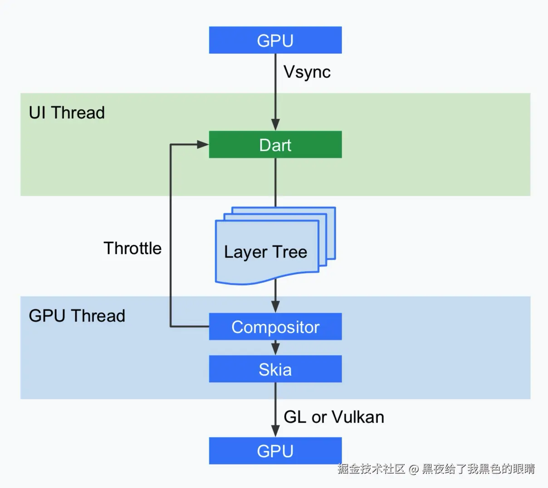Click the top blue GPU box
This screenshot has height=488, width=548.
pyautogui.click(x=275, y=40)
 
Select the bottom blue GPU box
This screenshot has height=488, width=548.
pyautogui.click(x=275, y=451)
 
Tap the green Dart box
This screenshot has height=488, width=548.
pyautogui.click(x=275, y=145)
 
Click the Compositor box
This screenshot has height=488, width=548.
pyautogui.click(x=275, y=327)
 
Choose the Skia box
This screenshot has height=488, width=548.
pyautogui.click(x=275, y=369)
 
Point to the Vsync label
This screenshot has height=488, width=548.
pyautogui.click(x=307, y=72)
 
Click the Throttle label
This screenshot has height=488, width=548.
pyautogui.click(x=132, y=248)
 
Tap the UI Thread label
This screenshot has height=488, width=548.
pyautogui.click(x=67, y=112)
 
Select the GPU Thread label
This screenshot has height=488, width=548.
pyautogui.click(x=77, y=316)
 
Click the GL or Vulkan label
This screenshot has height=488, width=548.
pyautogui.click(x=334, y=417)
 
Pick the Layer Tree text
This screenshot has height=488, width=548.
pyautogui.click(x=265, y=252)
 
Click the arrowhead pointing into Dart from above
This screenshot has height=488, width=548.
pyautogui.click(x=275, y=125)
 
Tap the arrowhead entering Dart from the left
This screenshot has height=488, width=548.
pyautogui.click(x=202, y=145)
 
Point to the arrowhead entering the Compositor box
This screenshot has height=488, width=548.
pyautogui.click(x=275, y=307)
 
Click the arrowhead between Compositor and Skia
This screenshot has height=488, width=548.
pyautogui.click(x=275, y=349)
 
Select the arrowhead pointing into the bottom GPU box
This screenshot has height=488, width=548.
pyautogui.click(x=275, y=431)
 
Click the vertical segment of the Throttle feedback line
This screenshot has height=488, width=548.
pyautogui.click(x=171, y=236)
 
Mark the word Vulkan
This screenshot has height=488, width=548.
pyautogui.click(x=358, y=417)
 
